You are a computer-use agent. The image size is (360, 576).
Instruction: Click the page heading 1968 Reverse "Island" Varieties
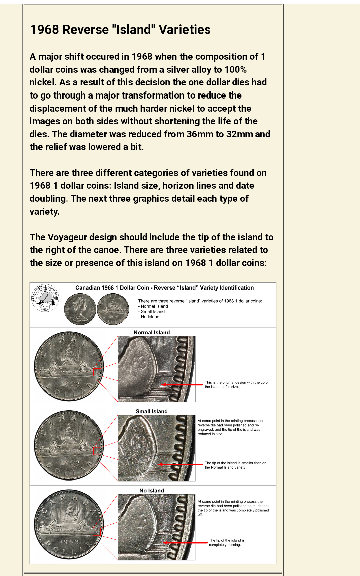tap(120, 30)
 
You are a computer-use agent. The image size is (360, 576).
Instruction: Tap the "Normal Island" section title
tap(152, 332)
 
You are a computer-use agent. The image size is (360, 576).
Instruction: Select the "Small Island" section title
tap(152, 411)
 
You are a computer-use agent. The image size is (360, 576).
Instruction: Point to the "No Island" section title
tap(152, 490)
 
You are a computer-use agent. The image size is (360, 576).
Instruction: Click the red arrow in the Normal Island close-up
tap(182, 385)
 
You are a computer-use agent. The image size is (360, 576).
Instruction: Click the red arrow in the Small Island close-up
tap(180, 464)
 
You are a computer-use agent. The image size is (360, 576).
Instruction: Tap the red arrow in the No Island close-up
tap(186, 543)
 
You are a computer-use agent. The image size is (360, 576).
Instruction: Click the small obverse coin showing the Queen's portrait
tap(80, 309)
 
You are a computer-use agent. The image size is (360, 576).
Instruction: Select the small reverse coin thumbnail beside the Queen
tap(113, 309)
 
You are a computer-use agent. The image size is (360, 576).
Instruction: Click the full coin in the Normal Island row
tap(69, 366)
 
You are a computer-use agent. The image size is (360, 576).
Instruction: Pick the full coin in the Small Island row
tap(69, 445)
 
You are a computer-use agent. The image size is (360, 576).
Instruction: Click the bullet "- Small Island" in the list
tap(152, 312)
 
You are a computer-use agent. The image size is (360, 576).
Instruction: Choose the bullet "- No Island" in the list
tap(149, 317)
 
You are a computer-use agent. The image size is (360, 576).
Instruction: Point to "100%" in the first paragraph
tap(235, 70)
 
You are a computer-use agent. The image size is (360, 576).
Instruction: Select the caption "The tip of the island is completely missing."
tap(227, 542)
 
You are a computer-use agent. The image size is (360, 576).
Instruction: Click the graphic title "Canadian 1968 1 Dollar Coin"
tap(112, 288)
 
